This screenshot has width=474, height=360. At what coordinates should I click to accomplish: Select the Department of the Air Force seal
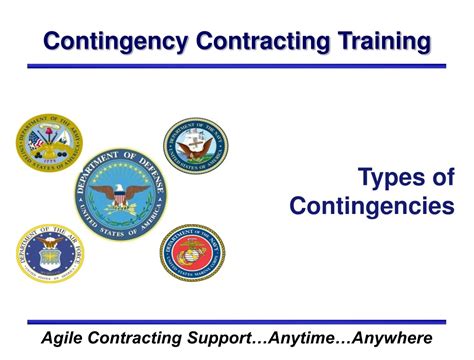(50, 253)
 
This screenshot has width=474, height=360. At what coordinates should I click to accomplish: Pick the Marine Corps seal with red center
(192, 252)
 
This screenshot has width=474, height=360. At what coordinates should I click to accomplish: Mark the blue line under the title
(237, 66)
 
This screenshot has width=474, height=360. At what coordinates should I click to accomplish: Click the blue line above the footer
(237, 321)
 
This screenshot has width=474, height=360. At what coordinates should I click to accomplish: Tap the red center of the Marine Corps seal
(192, 253)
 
